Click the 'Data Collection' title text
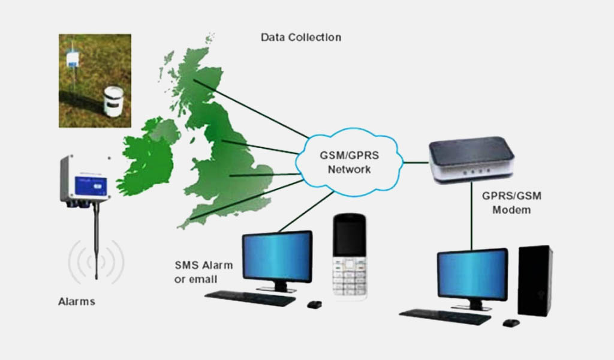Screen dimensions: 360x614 click(300, 37)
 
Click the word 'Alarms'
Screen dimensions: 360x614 click(76, 301)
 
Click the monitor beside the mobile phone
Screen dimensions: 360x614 click(277, 256)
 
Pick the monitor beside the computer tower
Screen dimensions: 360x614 click(472, 274)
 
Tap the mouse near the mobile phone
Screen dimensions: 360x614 click(314, 304)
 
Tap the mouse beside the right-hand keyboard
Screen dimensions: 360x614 click(510, 323)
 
